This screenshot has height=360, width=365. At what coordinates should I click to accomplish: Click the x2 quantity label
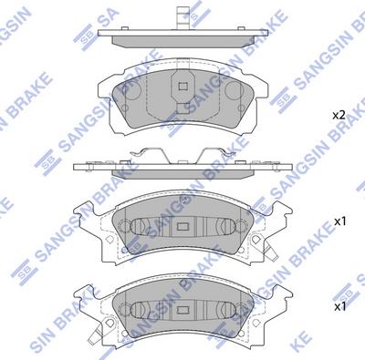339,116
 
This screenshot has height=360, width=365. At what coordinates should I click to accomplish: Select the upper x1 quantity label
340,221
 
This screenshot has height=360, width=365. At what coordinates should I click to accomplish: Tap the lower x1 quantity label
340,307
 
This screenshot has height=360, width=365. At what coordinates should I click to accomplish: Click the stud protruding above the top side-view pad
183,17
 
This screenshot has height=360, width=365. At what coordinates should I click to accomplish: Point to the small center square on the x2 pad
182,87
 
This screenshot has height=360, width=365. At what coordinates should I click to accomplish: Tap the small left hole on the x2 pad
125,108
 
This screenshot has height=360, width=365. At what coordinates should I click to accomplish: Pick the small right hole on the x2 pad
241,108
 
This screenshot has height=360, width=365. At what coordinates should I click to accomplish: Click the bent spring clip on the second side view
182,156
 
